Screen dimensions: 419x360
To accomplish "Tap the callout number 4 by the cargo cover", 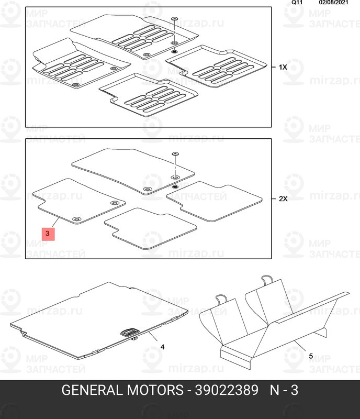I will pyautogui.click(x=162, y=347).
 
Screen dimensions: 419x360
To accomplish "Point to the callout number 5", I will pyautogui.click(x=310, y=356).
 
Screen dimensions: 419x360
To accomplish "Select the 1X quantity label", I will pyautogui.click(x=283, y=68).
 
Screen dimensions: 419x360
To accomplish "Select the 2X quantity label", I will pyautogui.click(x=283, y=199).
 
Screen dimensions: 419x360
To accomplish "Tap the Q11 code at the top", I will pyautogui.click(x=297, y=3).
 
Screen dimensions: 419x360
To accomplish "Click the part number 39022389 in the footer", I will pyautogui.click(x=227, y=391).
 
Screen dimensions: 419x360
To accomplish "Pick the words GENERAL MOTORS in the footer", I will pyautogui.click(x=118, y=391).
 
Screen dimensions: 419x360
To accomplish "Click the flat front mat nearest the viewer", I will pyautogui.click(x=151, y=228).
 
